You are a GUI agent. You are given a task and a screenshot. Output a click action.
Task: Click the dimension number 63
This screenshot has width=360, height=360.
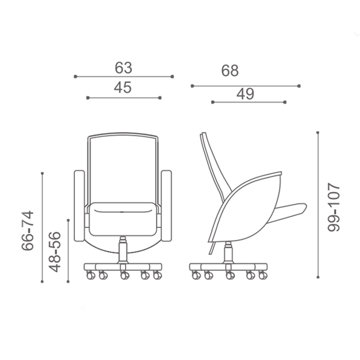[x=124, y=68]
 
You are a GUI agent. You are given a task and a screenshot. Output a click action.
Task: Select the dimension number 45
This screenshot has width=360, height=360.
[x=123, y=88]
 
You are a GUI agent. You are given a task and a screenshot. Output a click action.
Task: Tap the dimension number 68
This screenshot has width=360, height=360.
[x=230, y=70]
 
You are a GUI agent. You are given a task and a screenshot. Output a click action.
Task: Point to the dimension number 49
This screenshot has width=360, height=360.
[x=245, y=94]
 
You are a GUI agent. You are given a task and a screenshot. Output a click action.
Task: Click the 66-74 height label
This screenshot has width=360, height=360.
[x=28, y=230]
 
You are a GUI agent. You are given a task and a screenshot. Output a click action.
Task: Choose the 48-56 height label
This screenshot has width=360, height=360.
[x=55, y=252]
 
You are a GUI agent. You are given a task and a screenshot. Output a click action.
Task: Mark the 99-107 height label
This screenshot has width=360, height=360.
[x=334, y=207]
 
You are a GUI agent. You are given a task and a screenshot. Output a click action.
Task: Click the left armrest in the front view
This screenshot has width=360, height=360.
[x=79, y=206]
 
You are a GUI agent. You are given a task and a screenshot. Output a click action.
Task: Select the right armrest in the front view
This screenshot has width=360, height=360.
[x=166, y=206]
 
